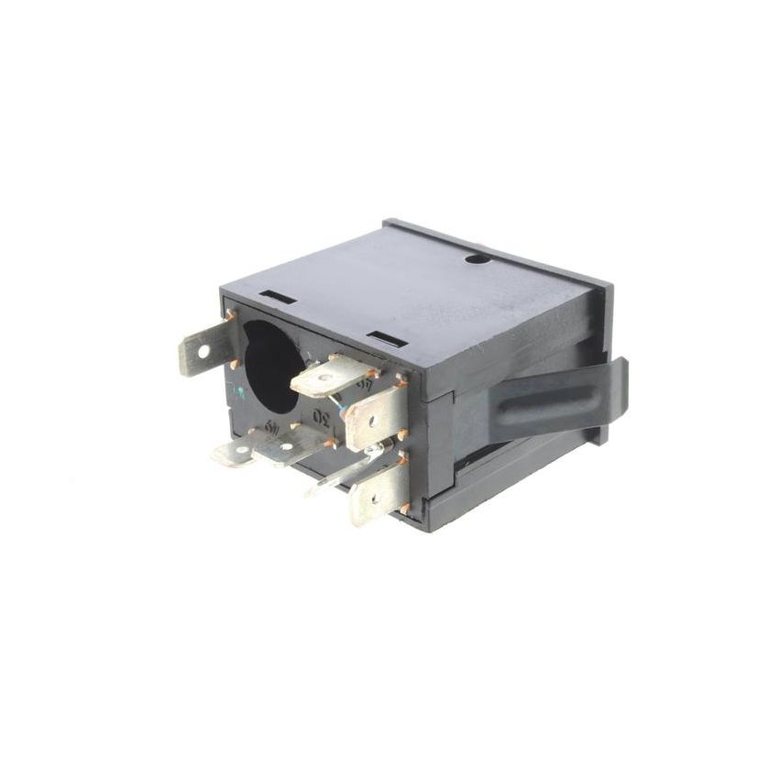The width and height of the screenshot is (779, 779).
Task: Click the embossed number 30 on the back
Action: coord(321,417)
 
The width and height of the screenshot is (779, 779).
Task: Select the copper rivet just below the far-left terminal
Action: coord(235,366)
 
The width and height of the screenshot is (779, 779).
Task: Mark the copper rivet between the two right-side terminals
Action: coord(403,433)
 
